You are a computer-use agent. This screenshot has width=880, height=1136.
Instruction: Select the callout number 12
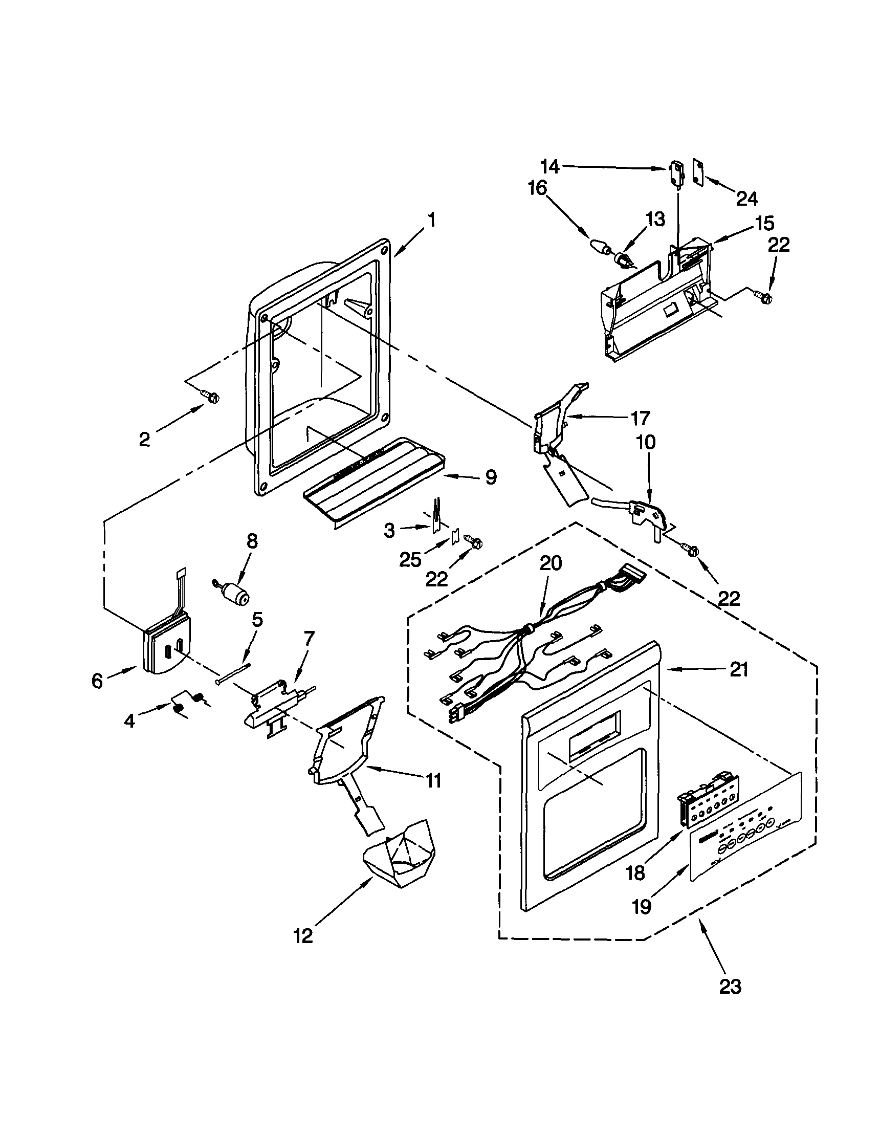(x=303, y=936)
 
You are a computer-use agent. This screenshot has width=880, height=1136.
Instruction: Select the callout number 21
(x=738, y=669)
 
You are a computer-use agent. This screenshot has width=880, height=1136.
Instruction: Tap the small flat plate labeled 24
(x=698, y=172)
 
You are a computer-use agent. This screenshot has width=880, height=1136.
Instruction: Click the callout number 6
(x=97, y=681)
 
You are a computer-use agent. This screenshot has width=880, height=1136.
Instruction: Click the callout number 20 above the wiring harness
(x=551, y=563)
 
